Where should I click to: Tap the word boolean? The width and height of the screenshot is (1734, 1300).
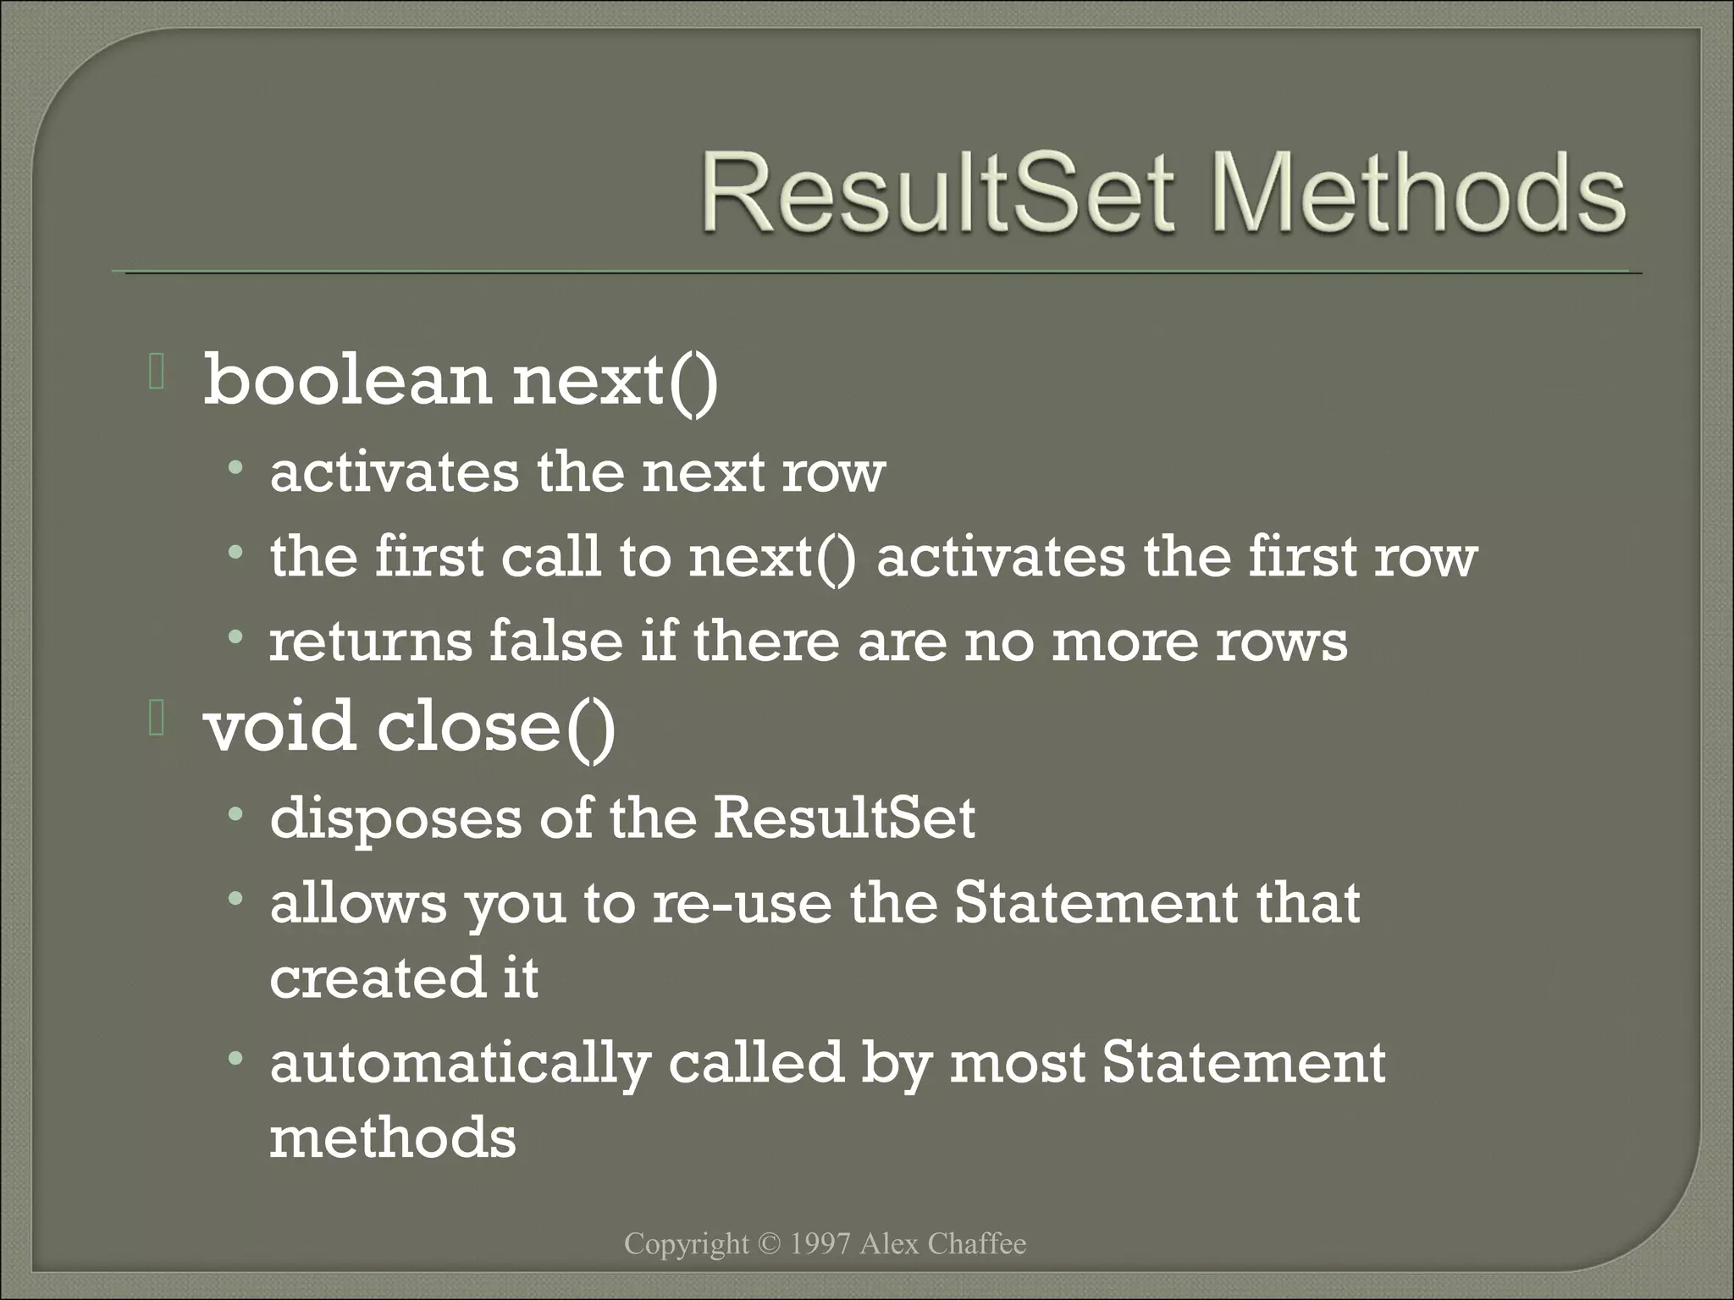(347, 381)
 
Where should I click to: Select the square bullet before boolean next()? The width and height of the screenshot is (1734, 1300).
(156, 373)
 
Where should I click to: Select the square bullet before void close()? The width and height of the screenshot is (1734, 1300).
(156, 719)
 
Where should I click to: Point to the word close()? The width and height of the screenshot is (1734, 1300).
(496, 729)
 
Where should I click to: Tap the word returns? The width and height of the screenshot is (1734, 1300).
(370, 642)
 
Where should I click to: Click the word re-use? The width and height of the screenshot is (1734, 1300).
(742, 903)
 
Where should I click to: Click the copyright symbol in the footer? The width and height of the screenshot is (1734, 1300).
(769, 1244)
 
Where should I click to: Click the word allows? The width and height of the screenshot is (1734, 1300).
(357, 903)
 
